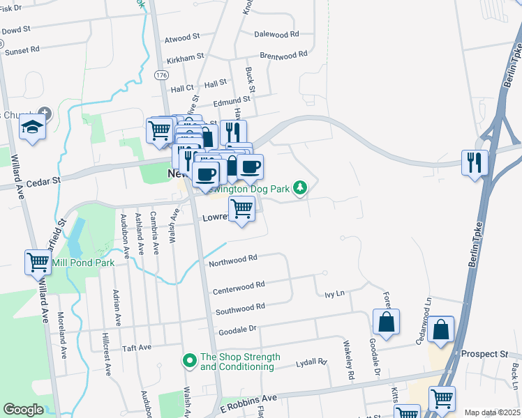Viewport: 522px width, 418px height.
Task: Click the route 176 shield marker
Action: (x=162, y=75)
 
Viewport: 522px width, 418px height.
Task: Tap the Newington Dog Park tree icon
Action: (x=300, y=187)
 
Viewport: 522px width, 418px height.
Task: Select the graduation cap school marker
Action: (x=32, y=127)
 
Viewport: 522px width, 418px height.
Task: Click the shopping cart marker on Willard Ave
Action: (x=38, y=262)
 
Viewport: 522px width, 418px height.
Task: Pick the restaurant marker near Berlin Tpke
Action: (x=475, y=162)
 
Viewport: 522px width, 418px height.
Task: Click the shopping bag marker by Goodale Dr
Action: (x=386, y=322)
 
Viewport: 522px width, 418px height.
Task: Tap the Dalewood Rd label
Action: (x=276, y=33)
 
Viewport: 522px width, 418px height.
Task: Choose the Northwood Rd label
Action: (x=233, y=260)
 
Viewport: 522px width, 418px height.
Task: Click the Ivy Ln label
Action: (x=335, y=295)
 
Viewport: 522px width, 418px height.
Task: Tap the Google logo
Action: (x=23, y=410)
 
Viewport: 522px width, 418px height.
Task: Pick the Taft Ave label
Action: (x=137, y=347)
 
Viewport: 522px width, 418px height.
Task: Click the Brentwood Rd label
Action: (x=283, y=54)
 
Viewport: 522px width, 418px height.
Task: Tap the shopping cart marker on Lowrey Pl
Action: (x=242, y=208)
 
